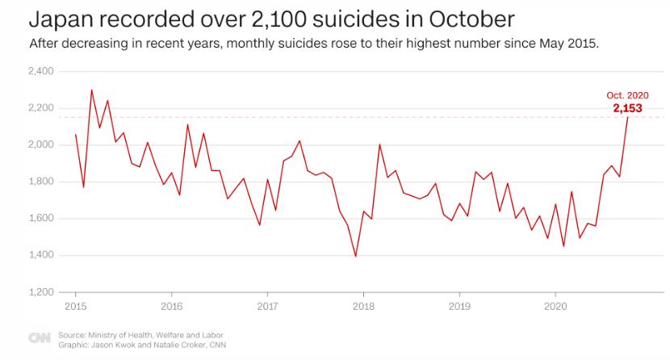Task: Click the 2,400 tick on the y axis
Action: (x=41, y=72)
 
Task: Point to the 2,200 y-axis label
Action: (x=41, y=108)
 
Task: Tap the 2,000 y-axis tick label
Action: (x=41, y=145)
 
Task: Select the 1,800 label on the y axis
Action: (x=41, y=182)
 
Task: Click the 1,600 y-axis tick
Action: (x=41, y=219)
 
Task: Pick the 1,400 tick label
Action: (x=41, y=255)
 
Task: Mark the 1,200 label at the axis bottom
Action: (x=41, y=292)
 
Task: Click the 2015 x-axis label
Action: (x=75, y=307)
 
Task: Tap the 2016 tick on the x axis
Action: (x=171, y=307)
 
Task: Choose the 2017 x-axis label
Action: (x=267, y=307)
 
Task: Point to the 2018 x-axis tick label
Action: (x=363, y=307)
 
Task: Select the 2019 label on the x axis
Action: (x=459, y=307)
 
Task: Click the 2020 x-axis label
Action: (x=555, y=307)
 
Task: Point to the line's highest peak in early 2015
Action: (x=91, y=90)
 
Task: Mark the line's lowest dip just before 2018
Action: (x=355, y=256)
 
